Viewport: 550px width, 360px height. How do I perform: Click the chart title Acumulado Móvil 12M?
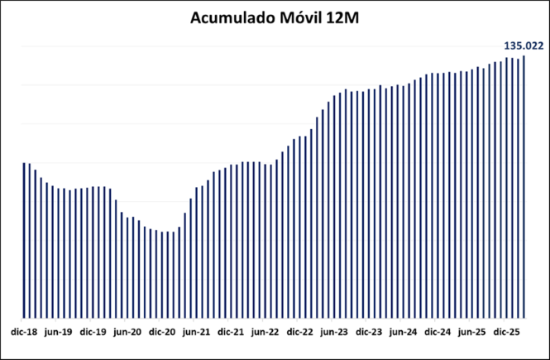coord(275,18)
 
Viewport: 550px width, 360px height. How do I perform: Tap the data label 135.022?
coord(523,46)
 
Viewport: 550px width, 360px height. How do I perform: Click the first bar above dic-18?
coord(24,240)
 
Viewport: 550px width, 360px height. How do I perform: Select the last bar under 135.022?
coord(524,186)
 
